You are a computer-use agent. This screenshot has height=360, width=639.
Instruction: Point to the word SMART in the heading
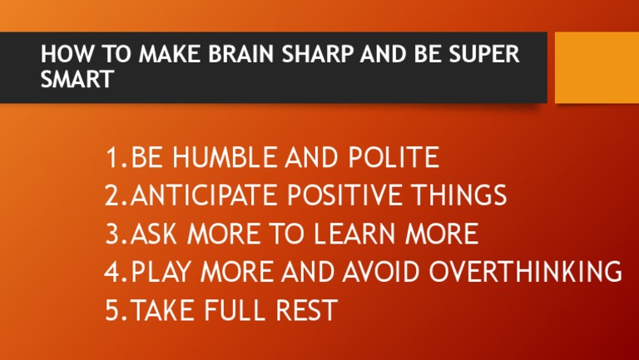point(77,79)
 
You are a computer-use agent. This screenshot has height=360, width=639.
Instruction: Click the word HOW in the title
point(60,55)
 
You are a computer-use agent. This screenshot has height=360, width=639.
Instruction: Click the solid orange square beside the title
point(597,67)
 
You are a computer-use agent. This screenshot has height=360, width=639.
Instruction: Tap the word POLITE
point(394,157)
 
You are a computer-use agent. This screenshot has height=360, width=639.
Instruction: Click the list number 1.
point(114,157)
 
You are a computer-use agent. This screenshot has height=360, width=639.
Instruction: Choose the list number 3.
point(114,234)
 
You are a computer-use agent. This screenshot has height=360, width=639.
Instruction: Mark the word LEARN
point(356,234)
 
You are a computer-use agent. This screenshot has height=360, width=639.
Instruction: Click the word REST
point(306,310)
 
